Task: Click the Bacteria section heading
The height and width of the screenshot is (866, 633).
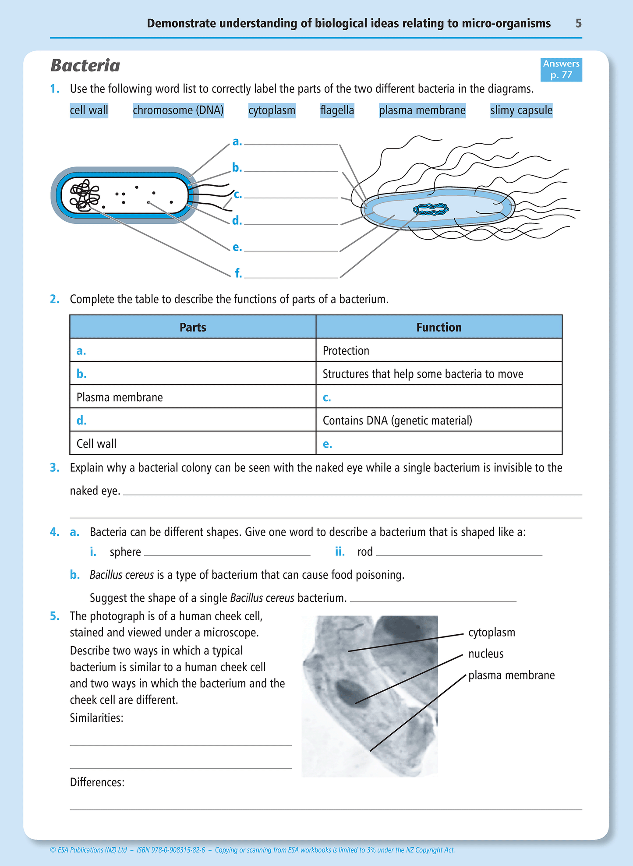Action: [x=85, y=66]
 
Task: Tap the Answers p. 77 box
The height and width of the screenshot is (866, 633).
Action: [x=561, y=70]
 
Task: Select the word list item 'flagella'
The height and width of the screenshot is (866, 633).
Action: [x=337, y=110]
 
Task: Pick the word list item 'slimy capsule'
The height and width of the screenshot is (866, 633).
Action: [x=521, y=110]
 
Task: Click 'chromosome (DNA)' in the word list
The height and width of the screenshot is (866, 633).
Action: [x=178, y=110]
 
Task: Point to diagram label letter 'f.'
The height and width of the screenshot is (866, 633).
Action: [x=238, y=273]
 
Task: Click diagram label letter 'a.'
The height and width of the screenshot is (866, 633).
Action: [x=237, y=142]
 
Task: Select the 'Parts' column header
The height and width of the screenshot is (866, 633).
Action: [x=193, y=327]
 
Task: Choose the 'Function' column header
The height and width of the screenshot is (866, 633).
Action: [x=439, y=327]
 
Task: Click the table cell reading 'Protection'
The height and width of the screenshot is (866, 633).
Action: [x=346, y=351]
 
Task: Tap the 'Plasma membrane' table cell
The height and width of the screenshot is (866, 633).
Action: [x=120, y=397]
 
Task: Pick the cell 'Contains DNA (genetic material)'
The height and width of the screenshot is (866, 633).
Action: [x=397, y=421]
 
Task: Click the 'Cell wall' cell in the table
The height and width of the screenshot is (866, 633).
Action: [x=96, y=444]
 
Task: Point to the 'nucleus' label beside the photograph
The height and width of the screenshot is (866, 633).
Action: [x=485, y=654]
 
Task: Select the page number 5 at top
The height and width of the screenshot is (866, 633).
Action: [x=578, y=23]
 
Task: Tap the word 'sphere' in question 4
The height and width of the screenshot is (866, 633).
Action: [x=125, y=552]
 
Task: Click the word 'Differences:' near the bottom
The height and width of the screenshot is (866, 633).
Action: [x=97, y=782]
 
